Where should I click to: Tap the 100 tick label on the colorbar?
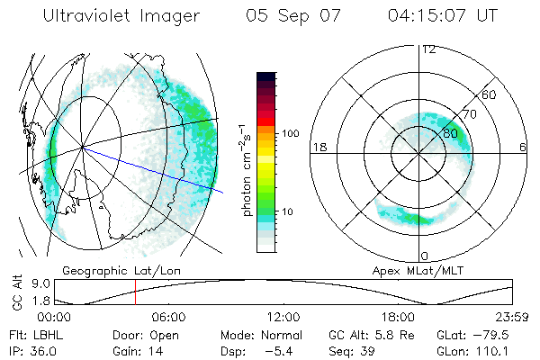tap(289, 133)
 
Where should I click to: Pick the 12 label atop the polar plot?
tap(428, 49)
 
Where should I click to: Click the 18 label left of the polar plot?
tap(318, 147)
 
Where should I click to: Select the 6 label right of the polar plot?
tap(524, 147)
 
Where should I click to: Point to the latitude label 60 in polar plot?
tap(489, 94)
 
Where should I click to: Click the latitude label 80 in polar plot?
tap(451, 133)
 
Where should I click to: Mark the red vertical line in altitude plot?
tap(135, 293)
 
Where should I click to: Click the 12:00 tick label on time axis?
tap(283, 318)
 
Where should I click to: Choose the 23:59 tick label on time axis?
tap(511, 318)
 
